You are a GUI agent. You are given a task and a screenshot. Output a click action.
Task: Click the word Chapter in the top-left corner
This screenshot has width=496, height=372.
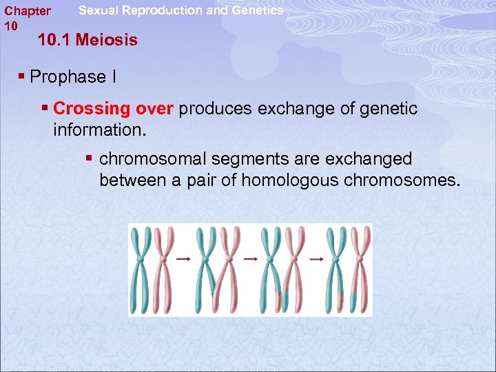28,11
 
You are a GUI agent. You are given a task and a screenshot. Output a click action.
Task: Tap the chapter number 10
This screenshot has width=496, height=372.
10,25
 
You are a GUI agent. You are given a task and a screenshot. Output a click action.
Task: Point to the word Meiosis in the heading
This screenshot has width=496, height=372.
106,40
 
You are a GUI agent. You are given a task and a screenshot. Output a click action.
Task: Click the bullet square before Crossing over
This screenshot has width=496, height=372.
45,109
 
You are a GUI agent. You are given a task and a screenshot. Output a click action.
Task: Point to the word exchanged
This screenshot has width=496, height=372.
371,159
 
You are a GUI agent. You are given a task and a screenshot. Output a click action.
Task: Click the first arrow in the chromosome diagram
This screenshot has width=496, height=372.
183,259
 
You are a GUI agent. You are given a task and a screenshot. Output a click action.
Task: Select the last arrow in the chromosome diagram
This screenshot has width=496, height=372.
316,259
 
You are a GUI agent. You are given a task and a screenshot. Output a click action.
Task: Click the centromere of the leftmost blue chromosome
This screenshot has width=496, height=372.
141,258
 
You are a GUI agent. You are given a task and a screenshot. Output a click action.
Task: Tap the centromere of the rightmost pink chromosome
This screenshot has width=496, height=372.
359,258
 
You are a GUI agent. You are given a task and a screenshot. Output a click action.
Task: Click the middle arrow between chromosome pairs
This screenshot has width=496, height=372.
249,259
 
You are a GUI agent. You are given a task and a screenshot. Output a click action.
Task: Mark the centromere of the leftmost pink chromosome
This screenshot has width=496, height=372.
163,258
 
